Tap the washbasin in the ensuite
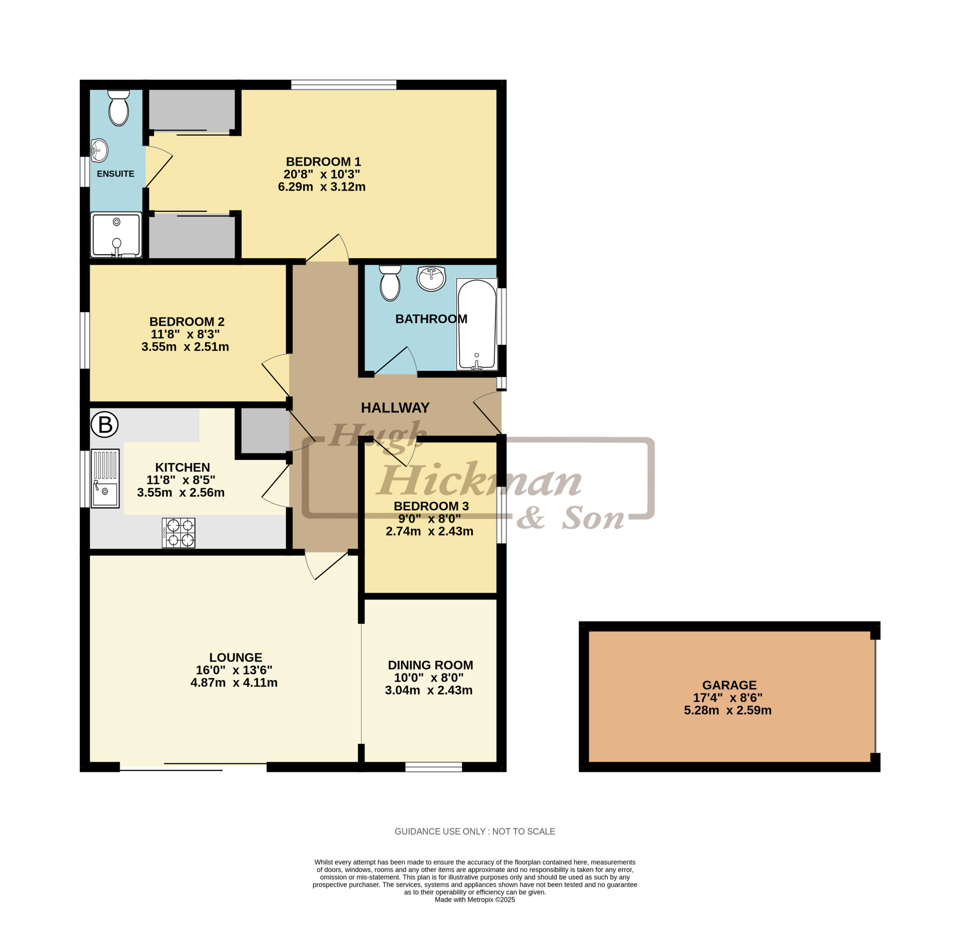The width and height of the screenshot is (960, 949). click(x=99, y=150)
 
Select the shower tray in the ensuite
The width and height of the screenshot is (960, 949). click(x=116, y=235)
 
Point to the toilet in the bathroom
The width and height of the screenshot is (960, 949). click(x=390, y=283)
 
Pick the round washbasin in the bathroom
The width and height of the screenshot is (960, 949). click(x=431, y=278)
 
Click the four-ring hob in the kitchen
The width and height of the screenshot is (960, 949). click(x=178, y=533)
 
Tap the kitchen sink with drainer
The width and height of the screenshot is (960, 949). click(x=105, y=478)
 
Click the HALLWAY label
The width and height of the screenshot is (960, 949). click(x=395, y=408)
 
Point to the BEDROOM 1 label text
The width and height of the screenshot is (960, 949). click(x=324, y=162)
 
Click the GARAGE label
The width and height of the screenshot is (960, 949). click(x=729, y=685)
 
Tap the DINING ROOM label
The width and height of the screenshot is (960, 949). click(x=430, y=665)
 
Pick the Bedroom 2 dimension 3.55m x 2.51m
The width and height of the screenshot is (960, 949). click(x=185, y=347)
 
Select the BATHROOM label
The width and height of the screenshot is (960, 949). click(x=431, y=319)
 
